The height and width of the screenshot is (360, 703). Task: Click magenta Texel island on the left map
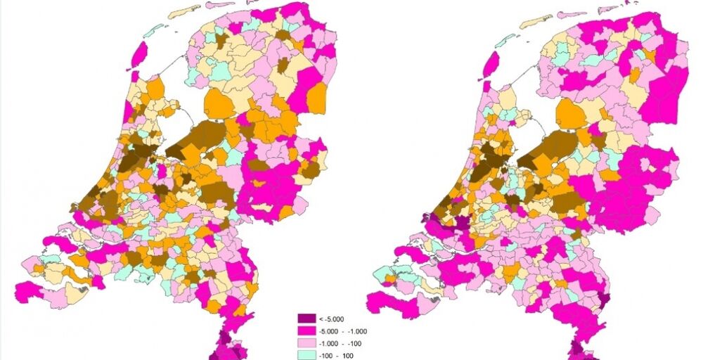point(139,55)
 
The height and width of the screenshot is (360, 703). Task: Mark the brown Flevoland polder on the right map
point(555,144)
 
